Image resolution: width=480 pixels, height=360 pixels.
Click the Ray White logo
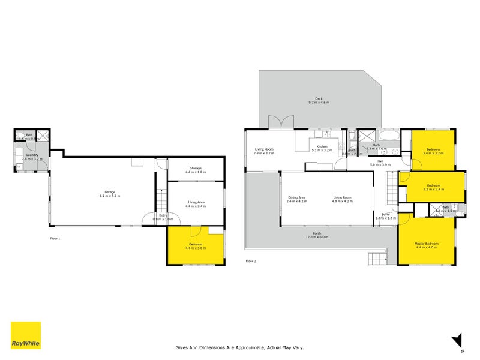coord(26,335)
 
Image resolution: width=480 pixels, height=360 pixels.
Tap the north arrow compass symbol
coord(457,339)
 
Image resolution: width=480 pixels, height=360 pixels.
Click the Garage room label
coord(109,192)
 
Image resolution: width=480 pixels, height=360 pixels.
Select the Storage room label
coord(196,168)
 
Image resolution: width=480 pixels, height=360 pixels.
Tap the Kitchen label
coord(322,146)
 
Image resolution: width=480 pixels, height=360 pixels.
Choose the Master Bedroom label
coord(427,244)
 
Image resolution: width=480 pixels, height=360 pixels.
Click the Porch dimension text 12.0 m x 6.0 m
coord(318,237)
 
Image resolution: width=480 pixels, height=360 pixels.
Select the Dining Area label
coord(297,197)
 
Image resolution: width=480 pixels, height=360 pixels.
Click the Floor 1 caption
coord(55,238)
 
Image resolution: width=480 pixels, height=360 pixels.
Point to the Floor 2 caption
coord(251,261)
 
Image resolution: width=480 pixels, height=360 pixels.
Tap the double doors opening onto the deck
coord(277,122)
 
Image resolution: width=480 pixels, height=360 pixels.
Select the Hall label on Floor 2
coord(380,161)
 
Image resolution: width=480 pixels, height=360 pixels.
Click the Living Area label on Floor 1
coord(196,203)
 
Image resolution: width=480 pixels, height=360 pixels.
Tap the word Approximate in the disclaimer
coord(253,347)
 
